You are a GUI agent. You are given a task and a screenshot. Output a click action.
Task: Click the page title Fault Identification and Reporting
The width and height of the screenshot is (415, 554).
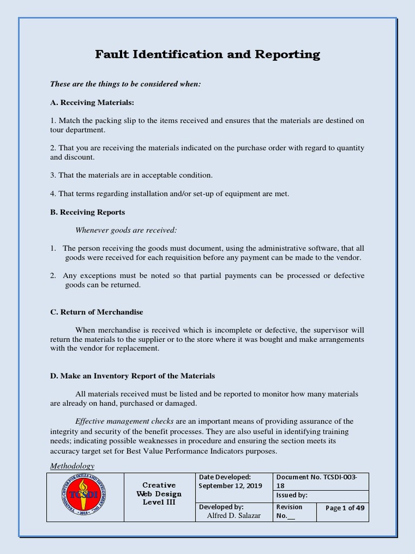tap(207, 55)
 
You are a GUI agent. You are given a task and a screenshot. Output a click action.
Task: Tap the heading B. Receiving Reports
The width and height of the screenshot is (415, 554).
tap(87, 212)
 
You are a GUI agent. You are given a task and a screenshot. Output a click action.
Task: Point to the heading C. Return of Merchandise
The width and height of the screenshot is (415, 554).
tap(96, 312)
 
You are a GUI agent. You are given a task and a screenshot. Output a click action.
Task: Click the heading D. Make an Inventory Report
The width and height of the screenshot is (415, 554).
tap(132, 375)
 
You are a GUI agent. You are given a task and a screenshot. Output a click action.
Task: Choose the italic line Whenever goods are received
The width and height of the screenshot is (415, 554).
tap(126, 230)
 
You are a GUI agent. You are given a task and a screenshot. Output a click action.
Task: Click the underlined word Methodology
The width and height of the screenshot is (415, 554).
tap(72, 466)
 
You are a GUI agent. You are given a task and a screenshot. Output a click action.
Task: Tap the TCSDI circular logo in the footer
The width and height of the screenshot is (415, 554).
tap(85, 497)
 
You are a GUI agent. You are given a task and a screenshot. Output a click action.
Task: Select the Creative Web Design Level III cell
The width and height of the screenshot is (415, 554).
tap(159, 494)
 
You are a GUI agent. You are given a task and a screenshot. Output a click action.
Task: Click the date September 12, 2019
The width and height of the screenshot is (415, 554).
tap(230, 485)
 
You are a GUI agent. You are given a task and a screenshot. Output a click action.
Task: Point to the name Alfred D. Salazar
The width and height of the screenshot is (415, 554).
tap(234, 516)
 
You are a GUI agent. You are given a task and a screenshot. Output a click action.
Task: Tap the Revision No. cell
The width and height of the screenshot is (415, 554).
tap(289, 511)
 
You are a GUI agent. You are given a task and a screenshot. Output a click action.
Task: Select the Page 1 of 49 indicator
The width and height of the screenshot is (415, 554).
tap(345, 508)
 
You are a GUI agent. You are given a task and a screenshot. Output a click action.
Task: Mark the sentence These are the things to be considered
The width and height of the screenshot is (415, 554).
tap(125, 84)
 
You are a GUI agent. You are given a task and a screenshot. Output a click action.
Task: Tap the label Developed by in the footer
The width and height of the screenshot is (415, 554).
tap(221, 507)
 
